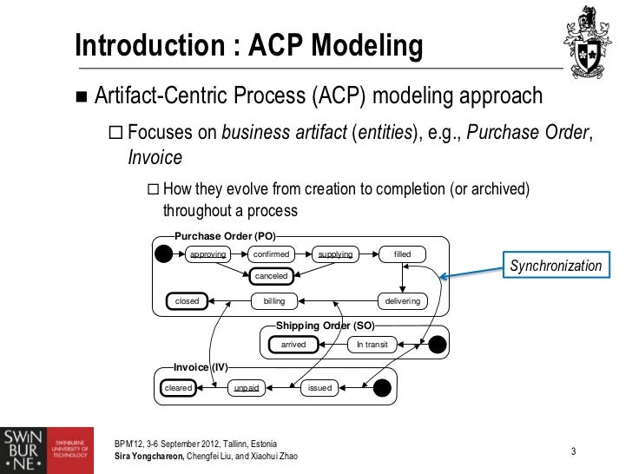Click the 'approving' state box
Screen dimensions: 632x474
click(x=207, y=254)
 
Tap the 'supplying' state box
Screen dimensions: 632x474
click(x=335, y=254)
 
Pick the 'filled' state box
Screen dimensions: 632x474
click(x=402, y=254)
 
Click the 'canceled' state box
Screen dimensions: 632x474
click(x=271, y=276)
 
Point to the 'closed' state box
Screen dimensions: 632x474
click(x=188, y=301)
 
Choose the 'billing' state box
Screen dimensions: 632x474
click(x=274, y=301)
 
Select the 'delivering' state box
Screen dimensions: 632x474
click(x=402, y=301)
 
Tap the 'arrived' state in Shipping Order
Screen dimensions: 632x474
click(x=293, y=345)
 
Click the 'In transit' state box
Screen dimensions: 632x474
click(x=372, y=345)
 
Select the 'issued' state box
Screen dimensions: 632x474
click(x=319, y=388)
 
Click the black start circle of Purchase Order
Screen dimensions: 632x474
click(x=162, y=254)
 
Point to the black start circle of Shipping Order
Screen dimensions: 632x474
click(x=438, y=345)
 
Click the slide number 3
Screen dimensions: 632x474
click(x=574, y=451)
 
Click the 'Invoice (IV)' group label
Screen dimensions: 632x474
click(x=201, y=367)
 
